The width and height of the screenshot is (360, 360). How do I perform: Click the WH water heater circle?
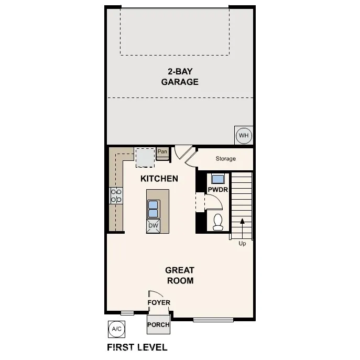244,136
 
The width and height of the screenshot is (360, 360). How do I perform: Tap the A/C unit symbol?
116,329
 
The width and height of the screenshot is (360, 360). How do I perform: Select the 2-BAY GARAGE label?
179,77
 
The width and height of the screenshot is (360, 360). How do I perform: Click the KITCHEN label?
159,179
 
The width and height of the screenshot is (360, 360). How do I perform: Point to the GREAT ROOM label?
180,275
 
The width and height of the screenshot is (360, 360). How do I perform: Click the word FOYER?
158,302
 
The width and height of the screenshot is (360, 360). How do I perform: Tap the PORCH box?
158,324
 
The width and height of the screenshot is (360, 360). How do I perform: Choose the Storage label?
225,159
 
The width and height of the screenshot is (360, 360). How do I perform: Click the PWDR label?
217,190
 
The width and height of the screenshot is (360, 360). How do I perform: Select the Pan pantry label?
162,152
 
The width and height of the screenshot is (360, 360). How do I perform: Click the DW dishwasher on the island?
153,226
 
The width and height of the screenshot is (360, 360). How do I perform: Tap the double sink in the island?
154,209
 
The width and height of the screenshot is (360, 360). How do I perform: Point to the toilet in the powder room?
218,222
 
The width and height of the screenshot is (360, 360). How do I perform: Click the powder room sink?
217,178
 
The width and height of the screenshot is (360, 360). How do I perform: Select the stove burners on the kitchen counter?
116,196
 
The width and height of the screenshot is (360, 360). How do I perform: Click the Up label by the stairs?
242,243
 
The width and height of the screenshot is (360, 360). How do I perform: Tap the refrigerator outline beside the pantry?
145,156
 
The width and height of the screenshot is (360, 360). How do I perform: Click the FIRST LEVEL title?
137,347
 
